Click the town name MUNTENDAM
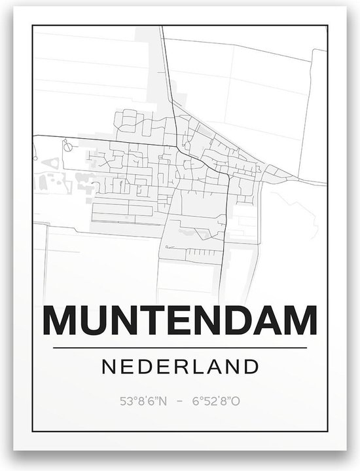point(180,322)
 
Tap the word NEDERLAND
point(180,366)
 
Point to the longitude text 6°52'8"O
point(217,399)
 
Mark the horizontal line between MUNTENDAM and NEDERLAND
point(180,347)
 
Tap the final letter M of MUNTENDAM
point(297,322)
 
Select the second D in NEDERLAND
point(250,366)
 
